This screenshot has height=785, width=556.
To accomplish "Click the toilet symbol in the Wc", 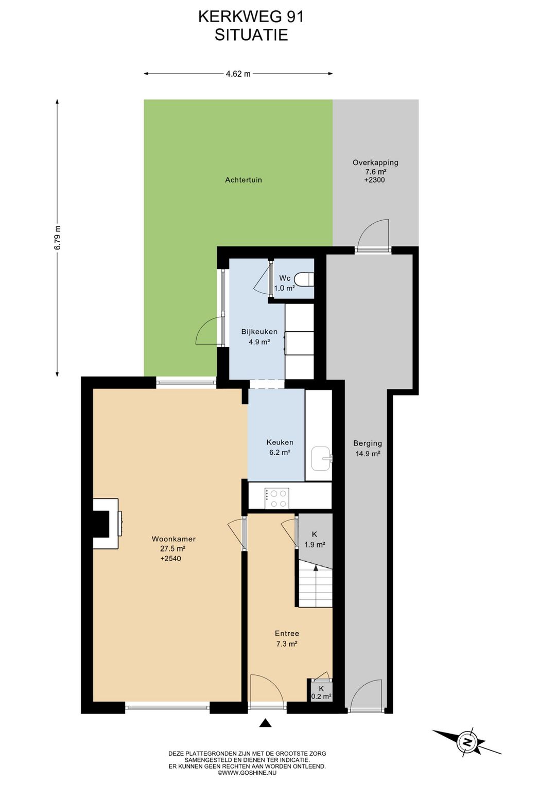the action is [x=304, y=279].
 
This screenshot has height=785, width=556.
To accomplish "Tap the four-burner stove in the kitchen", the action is [x=277, y=498].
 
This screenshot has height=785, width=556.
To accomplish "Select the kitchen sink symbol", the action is [x=321, y=458].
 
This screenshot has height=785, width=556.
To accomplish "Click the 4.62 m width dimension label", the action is [x=238, y=74].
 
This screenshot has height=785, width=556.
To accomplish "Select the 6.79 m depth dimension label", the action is [x=58, y=237].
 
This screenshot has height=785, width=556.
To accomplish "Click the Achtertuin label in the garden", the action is [x=244, y=180].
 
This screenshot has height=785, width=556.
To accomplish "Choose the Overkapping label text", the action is [x=375, y=163].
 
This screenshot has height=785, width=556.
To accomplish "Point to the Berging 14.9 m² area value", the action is [x=367, y=454].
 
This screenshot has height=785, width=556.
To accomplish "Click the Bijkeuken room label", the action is [x=259, y=331].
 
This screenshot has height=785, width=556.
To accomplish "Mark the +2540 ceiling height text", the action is [x=171, y=559].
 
